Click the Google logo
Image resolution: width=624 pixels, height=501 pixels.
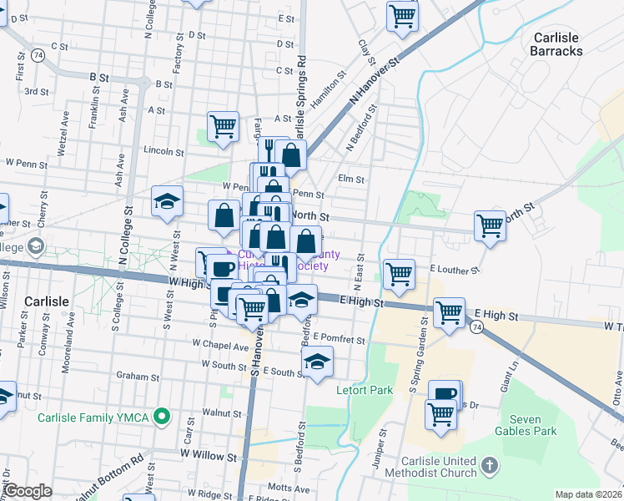pos(28,490)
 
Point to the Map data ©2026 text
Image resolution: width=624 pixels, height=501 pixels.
pos(588,494)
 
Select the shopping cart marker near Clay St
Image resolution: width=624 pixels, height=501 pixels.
pos(402,16)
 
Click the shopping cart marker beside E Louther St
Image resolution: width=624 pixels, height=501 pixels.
pos(399,273)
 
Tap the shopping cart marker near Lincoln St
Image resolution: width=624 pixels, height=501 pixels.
pos(223,127)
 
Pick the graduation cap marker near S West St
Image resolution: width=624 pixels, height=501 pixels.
pos(167,201)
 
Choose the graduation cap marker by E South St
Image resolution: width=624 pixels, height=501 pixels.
pos(317,362)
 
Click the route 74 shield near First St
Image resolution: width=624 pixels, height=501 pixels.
pos(38,54)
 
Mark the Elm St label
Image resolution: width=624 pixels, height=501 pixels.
pos(348,178)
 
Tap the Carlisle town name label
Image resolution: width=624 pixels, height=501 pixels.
pos(52,301)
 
